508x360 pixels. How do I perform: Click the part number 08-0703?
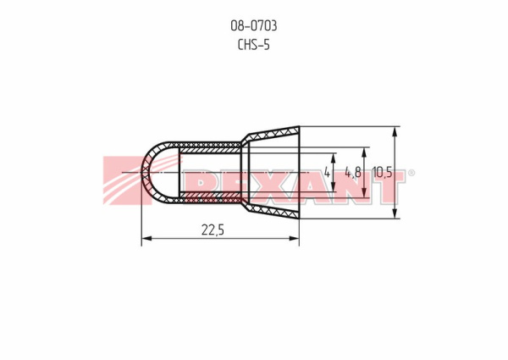coord(254,26)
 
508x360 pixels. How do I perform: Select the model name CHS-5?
coord(254,45)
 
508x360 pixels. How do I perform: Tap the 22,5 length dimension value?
coord(213,230)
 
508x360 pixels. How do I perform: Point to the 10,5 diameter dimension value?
coord(383,173)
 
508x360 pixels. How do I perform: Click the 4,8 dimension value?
coord(353,173)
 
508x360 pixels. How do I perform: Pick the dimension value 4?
coord(327,173)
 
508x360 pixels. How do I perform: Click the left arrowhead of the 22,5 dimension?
coord(146,239)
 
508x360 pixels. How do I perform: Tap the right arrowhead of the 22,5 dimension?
coord(294,239)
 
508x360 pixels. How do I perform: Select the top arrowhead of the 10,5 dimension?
coord(395,131)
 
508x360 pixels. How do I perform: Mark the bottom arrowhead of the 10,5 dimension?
coord(395,213)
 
